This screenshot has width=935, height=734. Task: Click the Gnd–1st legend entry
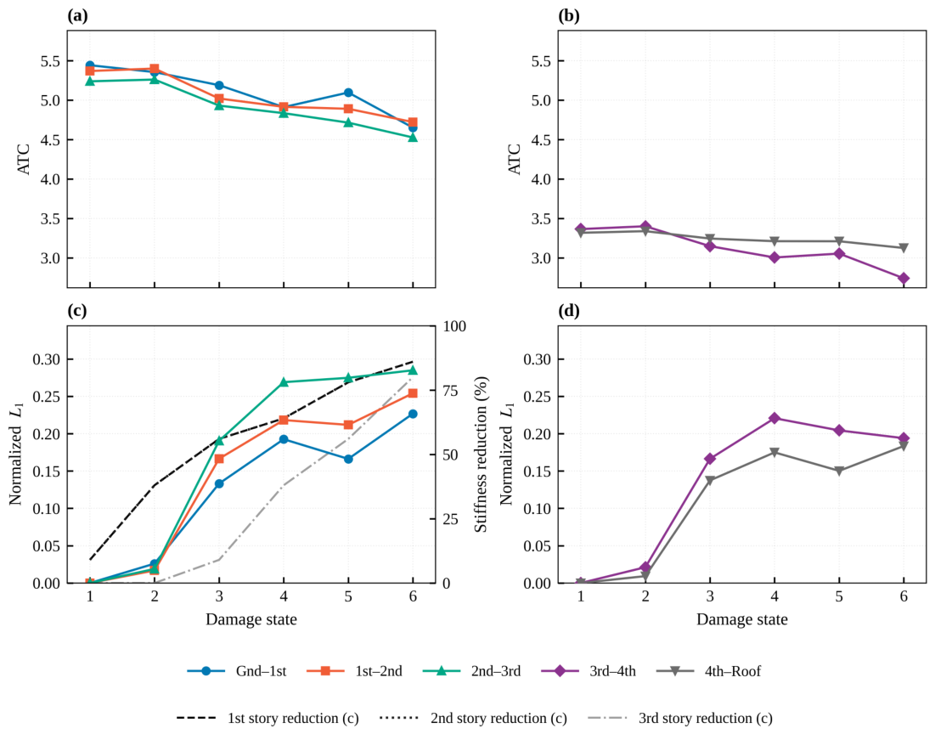[x=237, y=671]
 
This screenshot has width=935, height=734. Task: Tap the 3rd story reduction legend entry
[x=679, y=719]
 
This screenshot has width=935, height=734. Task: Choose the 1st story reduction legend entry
[x=268, y=719]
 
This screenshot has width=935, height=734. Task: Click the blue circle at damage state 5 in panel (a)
[x=348, y=93]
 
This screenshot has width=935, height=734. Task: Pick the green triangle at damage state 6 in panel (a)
[x=413, y=138]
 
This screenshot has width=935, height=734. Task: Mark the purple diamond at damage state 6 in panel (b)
[x=904, y=278]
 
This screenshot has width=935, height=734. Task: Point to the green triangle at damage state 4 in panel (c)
[x=284, y=382]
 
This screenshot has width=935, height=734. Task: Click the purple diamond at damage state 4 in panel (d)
[x=774, y=418]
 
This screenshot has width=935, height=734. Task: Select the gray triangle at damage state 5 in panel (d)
[x=839, y=471]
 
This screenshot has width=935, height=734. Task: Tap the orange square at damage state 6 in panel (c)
[x=413, y=393]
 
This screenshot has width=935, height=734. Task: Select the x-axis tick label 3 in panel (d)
[x=710, y=596]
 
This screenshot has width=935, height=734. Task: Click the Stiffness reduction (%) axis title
[x=482, y=455]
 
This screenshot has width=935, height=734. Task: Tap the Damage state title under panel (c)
[x=251, y=619]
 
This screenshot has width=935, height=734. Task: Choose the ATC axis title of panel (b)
[x=514, y=160]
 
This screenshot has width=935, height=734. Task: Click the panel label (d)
[x=568, y=311]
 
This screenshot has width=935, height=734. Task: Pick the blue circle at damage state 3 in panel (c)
[x=219, y=483]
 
